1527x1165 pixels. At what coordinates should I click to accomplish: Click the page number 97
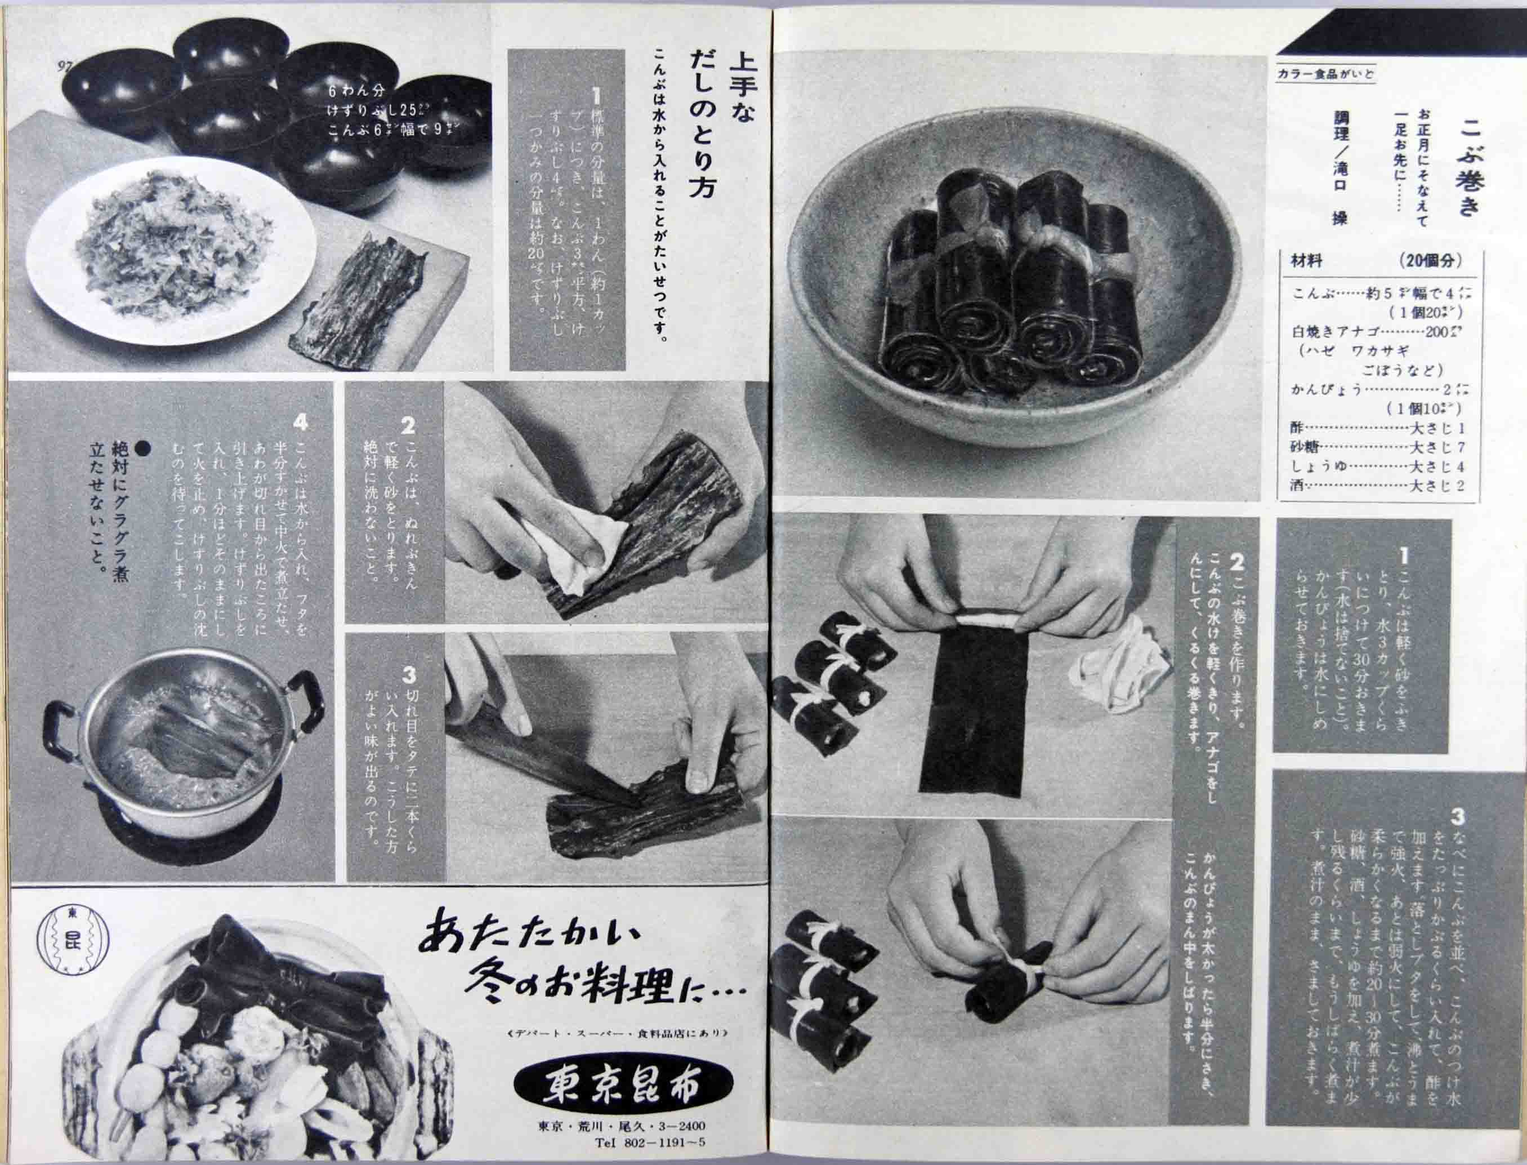point(65,66)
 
